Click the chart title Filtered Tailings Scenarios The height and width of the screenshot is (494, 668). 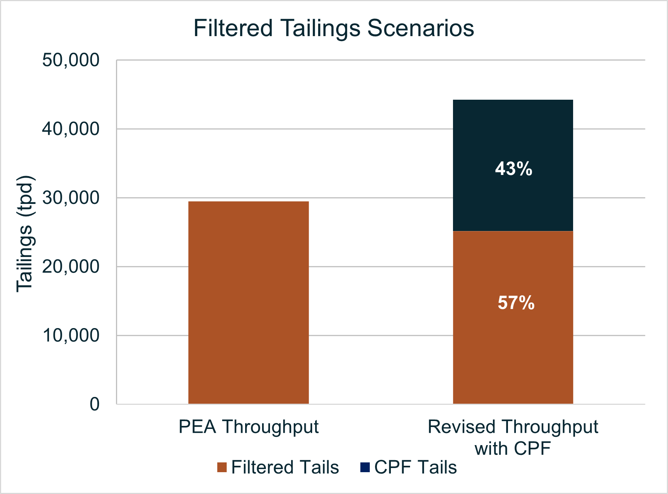tap(334, 28)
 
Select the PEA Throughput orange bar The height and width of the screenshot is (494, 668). tap(249, 302)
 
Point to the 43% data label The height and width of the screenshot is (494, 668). tap(514, 169)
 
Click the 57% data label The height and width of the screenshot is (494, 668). tap(516, 303)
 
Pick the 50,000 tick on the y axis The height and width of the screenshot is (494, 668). tap(71, 60)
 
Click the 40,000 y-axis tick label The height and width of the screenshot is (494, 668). tap(71, 129)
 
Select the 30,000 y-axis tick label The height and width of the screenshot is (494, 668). tap(71, 198)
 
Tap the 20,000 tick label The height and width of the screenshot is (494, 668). tap(71, 267)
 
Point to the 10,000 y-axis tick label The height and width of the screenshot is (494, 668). tap(71, 336)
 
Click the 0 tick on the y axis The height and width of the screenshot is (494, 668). tap(95, 404)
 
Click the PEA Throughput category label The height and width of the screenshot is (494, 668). tap(249, 427)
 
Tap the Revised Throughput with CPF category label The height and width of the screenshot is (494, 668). tap(513, 438)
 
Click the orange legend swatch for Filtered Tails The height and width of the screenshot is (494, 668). tap(222, 467)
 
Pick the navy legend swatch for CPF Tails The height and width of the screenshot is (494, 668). tap(365, 467)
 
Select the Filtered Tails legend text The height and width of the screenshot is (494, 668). tap(285, 467)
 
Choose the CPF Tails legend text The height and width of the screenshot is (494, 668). tap(415, 467)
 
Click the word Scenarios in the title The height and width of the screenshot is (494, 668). tap(421, 28)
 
